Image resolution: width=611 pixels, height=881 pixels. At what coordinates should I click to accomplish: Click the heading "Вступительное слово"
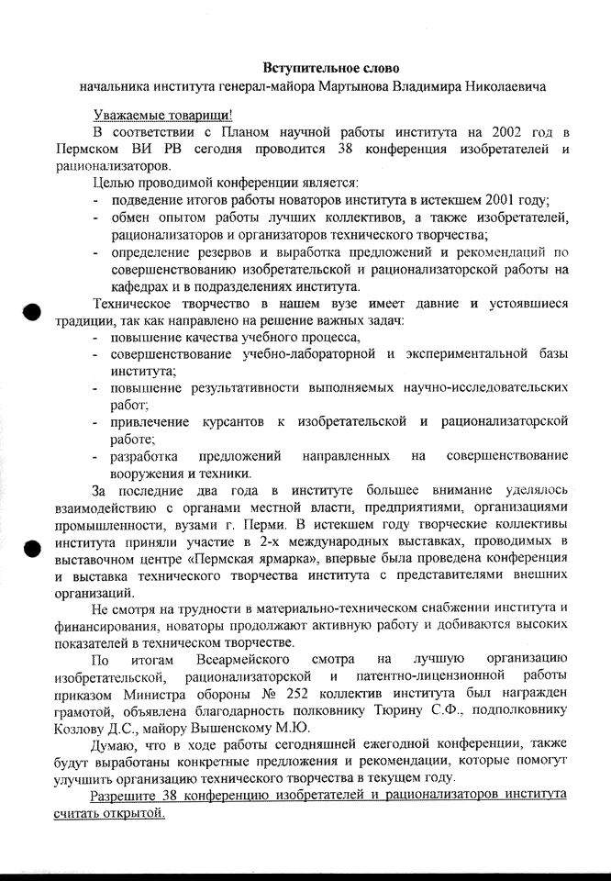331,68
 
